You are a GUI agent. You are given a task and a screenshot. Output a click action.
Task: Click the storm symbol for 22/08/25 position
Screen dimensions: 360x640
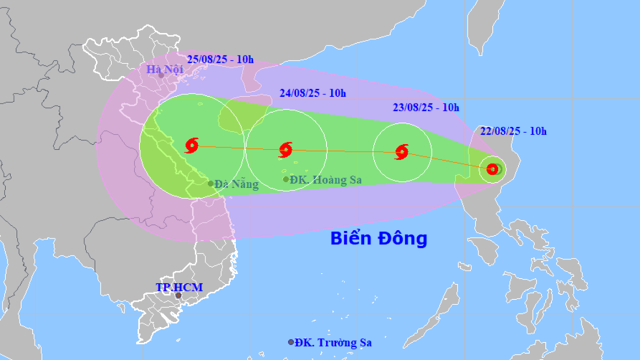[x=492, y=169]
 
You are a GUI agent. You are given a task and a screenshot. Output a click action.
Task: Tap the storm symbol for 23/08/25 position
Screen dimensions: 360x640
[x=401, y=151]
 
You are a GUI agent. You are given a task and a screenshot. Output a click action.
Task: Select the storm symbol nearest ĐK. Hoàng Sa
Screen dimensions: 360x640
[x=285, y=150]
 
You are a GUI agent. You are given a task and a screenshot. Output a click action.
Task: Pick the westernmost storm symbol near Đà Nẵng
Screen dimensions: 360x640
[x=191, y=146]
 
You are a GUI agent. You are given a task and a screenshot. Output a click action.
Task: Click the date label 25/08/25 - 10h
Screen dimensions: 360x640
[x=220, y=59]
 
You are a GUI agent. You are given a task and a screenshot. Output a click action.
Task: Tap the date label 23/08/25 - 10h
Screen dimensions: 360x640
[x=426, y=108]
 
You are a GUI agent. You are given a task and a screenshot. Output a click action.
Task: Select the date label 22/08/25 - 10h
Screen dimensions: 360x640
[x=514, y=131]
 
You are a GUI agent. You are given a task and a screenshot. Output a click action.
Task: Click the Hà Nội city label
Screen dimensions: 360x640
[x=165, y=69]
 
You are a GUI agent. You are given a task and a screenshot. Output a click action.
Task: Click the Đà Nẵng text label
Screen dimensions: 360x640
[x=237, y=184]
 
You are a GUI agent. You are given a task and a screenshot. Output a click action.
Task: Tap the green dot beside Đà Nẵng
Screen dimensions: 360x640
[x=211, y=184]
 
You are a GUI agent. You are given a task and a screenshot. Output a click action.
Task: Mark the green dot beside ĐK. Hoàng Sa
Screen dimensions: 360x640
[x=286, y=179]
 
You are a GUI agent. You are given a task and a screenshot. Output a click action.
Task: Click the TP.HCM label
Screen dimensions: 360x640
[x=179, y=287]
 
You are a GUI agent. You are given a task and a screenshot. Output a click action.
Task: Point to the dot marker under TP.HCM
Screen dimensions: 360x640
[x=178, y=295]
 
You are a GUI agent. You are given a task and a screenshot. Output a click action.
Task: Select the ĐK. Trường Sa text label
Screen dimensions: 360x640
[x=333, y=343]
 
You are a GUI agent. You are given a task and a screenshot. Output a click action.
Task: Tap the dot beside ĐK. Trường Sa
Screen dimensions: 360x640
[x=291, y=342]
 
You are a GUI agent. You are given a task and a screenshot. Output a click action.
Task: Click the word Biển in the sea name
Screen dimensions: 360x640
[x=351, y=238]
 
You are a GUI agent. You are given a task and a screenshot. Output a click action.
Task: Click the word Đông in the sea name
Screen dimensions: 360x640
[x=402, y=238]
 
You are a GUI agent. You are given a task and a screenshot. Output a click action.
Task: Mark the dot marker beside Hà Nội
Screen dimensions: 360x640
[x=161, y=75]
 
